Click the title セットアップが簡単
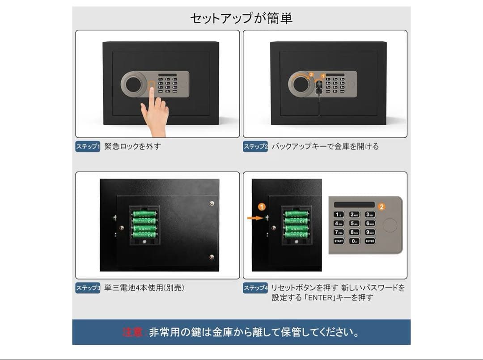(241, 18)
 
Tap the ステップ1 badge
(88, 146)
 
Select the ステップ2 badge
(255, 146)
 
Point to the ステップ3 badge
(88, 288)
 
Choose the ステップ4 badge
(255, 288)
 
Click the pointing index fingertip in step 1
(152, 91)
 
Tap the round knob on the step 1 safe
(133, 84)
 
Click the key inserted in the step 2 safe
(319, 87)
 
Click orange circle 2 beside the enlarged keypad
(381, 207)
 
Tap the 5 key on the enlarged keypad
(354, 223)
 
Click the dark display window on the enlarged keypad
(354, 204)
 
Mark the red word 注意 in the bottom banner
(133, 332)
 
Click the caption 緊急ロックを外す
(132, 146)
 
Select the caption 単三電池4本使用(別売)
(144, 288)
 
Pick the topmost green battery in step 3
(144, 214)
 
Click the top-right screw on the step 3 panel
(212, 203)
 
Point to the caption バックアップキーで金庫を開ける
(325, 146)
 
